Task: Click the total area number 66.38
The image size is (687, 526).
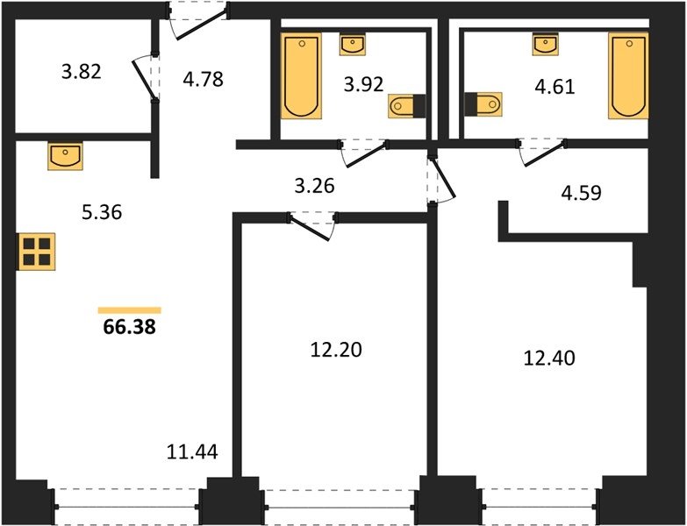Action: coord(129,326)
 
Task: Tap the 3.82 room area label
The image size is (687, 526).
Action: coord(82,71)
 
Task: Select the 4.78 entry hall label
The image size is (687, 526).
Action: coord(203,79)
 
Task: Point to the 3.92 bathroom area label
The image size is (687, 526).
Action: coord(363,84)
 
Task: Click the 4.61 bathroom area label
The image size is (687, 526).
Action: coord(555,87)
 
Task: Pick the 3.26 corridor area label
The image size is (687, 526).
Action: coord(315,186)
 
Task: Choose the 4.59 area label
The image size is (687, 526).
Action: coord(582,193)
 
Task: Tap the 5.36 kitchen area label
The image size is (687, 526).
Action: coord(102,213)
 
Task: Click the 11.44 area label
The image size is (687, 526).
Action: coord(192,451)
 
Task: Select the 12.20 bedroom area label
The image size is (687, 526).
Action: coord(336,350)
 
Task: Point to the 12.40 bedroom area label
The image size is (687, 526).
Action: coord(549,359)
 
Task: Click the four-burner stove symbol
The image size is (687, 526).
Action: coord(36,252)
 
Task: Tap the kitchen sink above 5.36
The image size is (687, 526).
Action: coord(65,156)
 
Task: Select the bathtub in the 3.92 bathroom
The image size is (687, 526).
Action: coord(301,75)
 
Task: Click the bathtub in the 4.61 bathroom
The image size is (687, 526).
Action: coord(628,75)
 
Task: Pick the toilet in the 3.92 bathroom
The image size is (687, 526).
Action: coord(406,106)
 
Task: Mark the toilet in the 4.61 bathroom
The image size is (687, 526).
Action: coord(483,104)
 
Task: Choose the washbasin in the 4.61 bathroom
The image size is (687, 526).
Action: coord(545,44)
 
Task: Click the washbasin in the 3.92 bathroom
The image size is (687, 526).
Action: coord(353,44)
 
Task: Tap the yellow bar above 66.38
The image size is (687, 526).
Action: coord(130,310)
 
